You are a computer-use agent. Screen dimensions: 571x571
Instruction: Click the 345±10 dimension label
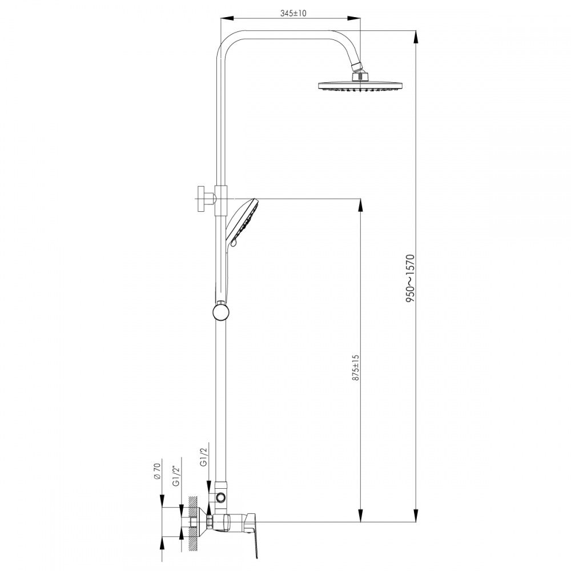pyautogui.click(x=293, y=14)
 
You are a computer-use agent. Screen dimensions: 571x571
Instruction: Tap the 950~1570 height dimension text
pyautogui.click(x=411, y=278)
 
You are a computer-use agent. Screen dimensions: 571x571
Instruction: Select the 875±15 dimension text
pyautogui.click(x=356, y=368)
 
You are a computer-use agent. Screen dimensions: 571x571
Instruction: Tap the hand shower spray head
pyautogui.click(x=244, y=222)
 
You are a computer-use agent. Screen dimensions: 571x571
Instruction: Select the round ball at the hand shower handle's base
pyautogui.click(x=221, y=312)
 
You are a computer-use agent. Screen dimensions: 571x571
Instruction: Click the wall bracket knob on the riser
pyautogui.click(x=202, y=199)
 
